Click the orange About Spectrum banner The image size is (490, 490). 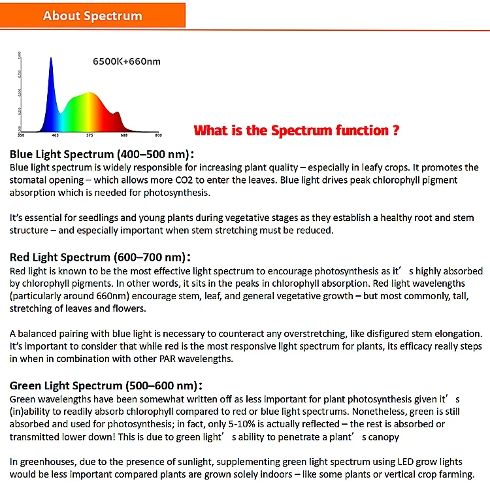93,16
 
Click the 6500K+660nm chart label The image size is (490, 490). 126,62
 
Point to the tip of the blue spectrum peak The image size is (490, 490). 51,57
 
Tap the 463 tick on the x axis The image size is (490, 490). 56,135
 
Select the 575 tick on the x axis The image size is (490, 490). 90,135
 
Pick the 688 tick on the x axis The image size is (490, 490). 124,135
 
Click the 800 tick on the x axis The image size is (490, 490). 157,135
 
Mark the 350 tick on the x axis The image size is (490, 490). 21,135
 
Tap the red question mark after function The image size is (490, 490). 396,130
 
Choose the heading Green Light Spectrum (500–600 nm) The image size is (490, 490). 104,385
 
